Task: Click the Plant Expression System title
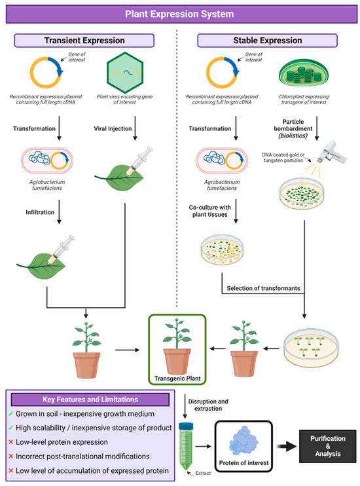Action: click(x=179, y=13)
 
